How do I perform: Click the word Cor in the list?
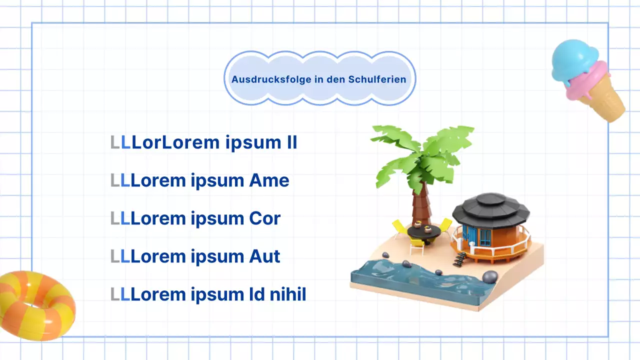pos(264,218)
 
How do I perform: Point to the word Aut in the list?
pos(264,256)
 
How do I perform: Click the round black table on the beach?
pos(423,231)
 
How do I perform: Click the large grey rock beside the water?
pos(490,276)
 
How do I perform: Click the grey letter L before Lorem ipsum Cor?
pos(115,218)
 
